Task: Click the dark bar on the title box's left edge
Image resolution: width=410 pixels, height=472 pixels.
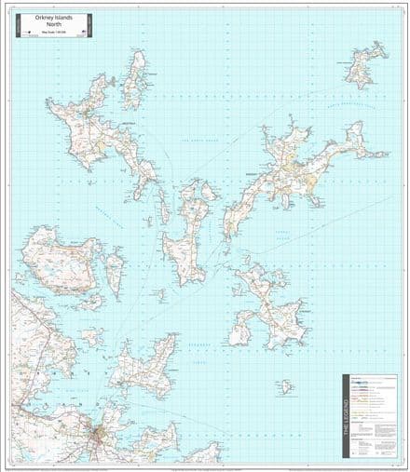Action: point(16,26)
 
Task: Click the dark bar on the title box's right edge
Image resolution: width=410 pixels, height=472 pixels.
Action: point(88,26)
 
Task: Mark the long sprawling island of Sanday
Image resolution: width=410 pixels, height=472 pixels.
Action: point(298,168)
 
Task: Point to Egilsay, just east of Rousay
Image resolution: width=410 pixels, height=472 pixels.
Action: point(115,270)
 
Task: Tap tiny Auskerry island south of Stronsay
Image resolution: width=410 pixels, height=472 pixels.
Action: point(285,385)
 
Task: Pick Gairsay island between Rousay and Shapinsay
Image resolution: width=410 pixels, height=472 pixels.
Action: point(93,335)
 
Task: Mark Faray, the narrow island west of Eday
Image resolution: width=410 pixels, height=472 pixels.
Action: point(164,209)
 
